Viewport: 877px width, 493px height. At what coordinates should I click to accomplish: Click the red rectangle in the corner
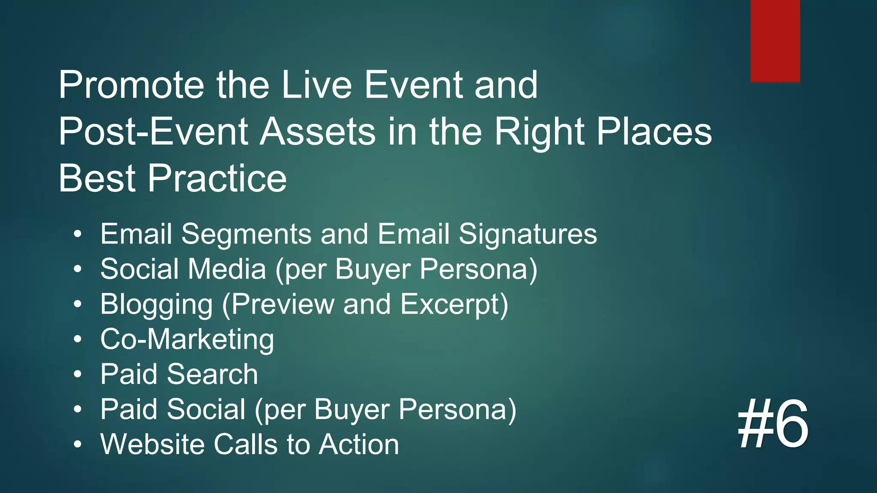tap(775, 41)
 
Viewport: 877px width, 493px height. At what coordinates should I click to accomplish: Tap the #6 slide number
tap(773, 424)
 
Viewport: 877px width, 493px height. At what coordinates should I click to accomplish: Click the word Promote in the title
tap(131, 85)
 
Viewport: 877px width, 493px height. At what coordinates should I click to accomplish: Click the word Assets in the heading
tap(318, 131)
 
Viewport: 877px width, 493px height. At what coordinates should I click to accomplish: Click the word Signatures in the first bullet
tap(528, 234)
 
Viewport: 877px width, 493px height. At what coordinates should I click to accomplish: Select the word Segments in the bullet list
tap(246, 234)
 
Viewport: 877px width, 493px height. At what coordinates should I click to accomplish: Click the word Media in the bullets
tap(227, 269)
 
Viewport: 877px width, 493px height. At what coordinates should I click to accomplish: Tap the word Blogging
tap(156, 304)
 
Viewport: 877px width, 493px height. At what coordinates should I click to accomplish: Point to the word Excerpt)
tap(454, 304)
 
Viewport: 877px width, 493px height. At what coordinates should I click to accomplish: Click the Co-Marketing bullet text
tap(187, 339)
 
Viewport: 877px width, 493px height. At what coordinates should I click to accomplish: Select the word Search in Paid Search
tap(212, 374)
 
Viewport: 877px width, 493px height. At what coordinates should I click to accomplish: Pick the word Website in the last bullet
tap(152, 444)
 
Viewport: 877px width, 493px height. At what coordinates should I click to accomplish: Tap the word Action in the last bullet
tap(359, 444)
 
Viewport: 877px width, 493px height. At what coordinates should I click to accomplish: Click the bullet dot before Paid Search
tap(77, 374)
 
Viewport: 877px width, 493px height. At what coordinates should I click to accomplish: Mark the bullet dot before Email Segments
tap(77, 234)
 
